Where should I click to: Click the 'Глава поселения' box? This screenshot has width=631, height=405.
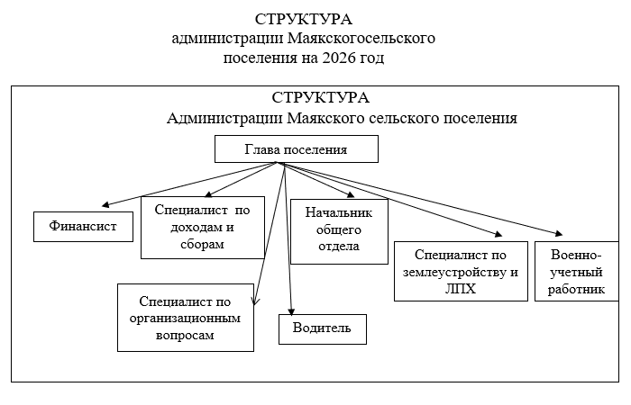click(x=296, y=149)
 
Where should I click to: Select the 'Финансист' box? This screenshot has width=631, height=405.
click(x=83, y=227)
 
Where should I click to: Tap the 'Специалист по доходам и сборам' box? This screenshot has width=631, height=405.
click(x=202, y=227)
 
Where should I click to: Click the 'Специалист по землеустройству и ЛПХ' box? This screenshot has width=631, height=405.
click(x=461, y=271)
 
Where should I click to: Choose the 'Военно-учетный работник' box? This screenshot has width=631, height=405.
click(x=577, y=271)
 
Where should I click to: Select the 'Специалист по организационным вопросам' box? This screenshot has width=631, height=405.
click(x=185, y=318)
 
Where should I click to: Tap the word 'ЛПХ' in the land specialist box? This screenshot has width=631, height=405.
click(x=461, y=290)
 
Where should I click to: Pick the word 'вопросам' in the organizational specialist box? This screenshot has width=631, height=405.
click(x=184, y=335)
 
